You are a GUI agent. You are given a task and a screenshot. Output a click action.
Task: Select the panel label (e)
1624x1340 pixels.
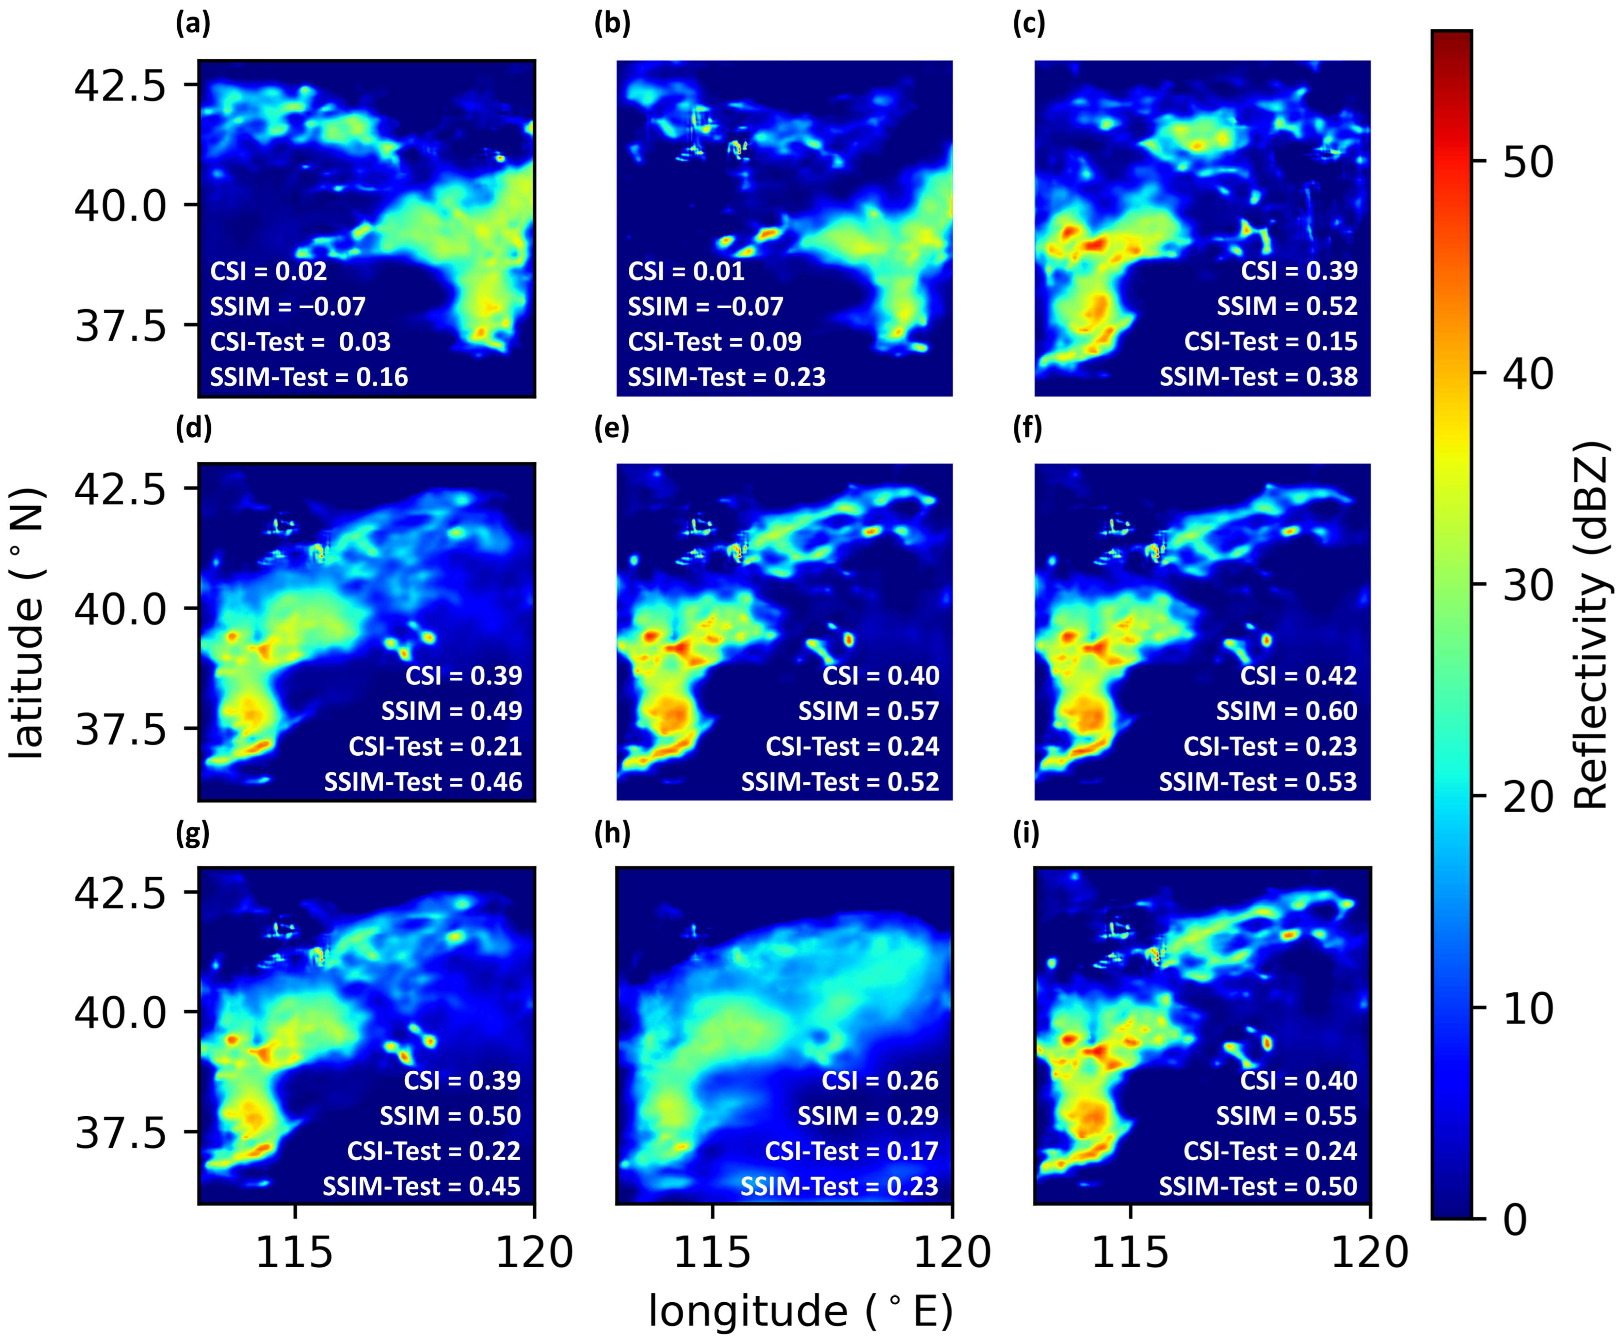point(611,429)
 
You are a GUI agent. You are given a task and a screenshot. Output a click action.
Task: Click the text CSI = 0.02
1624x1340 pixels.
point(268,271)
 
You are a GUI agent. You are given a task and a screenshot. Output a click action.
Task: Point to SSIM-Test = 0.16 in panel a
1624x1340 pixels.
point(309,377)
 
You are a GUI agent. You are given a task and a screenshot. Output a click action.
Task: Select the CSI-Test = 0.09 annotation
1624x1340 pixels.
point(715,341)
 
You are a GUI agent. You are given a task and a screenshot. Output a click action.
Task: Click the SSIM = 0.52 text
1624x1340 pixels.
point(1287,306)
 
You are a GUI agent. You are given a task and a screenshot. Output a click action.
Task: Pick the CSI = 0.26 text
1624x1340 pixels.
point(880,1080)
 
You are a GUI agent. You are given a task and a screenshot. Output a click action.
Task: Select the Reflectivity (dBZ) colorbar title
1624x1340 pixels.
point(1592,625)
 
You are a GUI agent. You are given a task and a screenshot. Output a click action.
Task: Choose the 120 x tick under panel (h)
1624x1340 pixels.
point(952,1252)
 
